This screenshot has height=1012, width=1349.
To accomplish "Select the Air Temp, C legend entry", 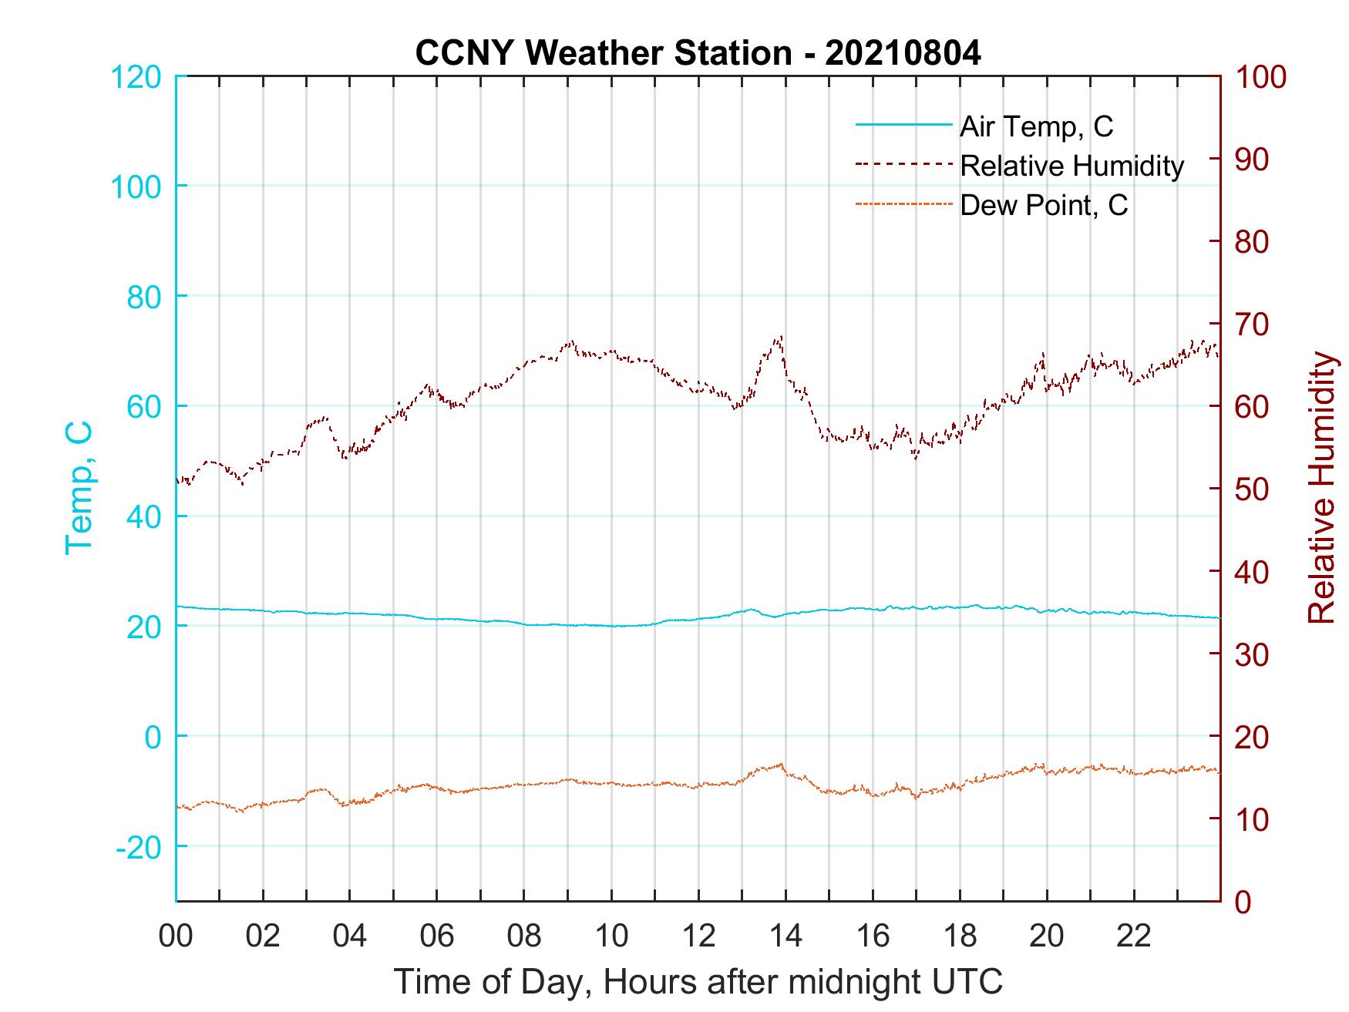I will pyautogui.click(x=1036, y=126).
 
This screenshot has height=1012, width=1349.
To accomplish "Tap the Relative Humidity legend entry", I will pyautogui.click(x=1071, y=166).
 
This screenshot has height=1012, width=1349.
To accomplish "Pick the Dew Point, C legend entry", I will pyautogui.click(x=1044, y=206).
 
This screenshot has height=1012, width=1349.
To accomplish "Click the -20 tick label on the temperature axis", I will pyautogui.click(x=139, y=847).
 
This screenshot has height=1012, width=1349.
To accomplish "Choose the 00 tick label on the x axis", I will pyautogui.click(x=176, y=936).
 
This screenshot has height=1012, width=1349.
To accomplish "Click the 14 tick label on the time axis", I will pyautogui.click(x=786, y=936).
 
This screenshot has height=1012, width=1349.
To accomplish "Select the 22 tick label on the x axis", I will pyautogui.click(x=1134, y=936).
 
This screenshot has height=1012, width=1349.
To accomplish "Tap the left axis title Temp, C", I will pyautogui.click(x=79, y=488).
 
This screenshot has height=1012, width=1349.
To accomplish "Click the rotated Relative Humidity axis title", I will pyautogui.click(x=1321, y=488).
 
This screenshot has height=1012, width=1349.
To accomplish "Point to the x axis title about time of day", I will pyautogui.click(x=698, y=982).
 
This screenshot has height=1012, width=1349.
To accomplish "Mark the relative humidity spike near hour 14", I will pyautogui.click(x=781, y=338).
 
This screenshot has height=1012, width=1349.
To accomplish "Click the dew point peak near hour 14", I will pyautogui.click(x=781, y=765).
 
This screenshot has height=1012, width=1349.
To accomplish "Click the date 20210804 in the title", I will pyautogui.click(x=903, y=53).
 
